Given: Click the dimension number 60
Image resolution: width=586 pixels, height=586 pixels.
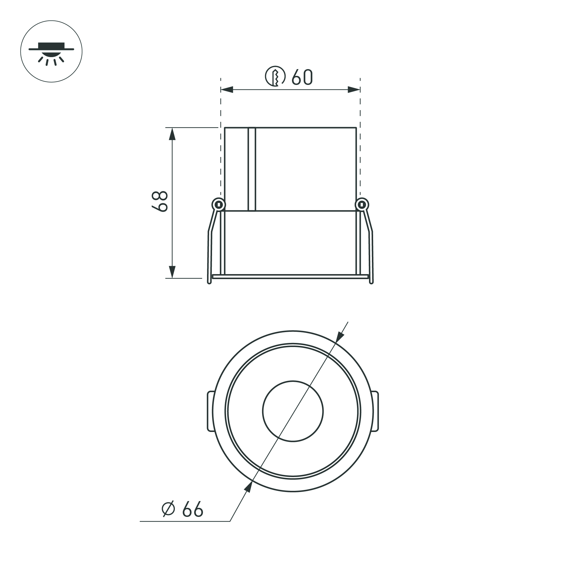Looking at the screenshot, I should tap(302, 77).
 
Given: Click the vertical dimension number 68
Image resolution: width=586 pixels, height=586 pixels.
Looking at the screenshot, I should tap(160, 201).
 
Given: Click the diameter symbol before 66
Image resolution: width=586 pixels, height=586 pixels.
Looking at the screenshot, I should tap(168, 508).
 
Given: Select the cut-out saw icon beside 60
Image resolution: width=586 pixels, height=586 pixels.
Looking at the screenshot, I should tap(275, 76).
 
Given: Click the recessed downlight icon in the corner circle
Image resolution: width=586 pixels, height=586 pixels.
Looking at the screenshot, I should tap(51, 52).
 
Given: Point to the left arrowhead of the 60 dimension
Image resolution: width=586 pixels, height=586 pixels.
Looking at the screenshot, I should tap(227, 90).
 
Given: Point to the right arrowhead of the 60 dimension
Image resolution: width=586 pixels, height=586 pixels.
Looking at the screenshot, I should tap(354, 90).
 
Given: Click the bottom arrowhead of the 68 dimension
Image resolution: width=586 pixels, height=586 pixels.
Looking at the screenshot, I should tap(172, 272).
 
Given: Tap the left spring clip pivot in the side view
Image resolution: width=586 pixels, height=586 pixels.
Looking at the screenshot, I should tap(218, 204).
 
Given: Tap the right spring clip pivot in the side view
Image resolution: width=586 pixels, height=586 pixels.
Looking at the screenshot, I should tap(362, 204).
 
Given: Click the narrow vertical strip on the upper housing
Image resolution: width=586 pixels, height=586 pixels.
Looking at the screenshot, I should tap(252, 169).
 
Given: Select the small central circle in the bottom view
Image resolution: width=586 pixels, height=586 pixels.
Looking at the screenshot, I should tap(293, 411).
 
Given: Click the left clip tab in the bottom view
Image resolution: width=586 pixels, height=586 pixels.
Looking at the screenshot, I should tap(210, 411).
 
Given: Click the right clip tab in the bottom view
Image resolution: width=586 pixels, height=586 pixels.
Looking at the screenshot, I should tap(375, 411).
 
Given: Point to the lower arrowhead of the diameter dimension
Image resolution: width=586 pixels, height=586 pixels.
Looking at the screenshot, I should tap(248, 486).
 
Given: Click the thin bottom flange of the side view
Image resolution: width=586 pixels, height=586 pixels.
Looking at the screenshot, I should tap(290, 277).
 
